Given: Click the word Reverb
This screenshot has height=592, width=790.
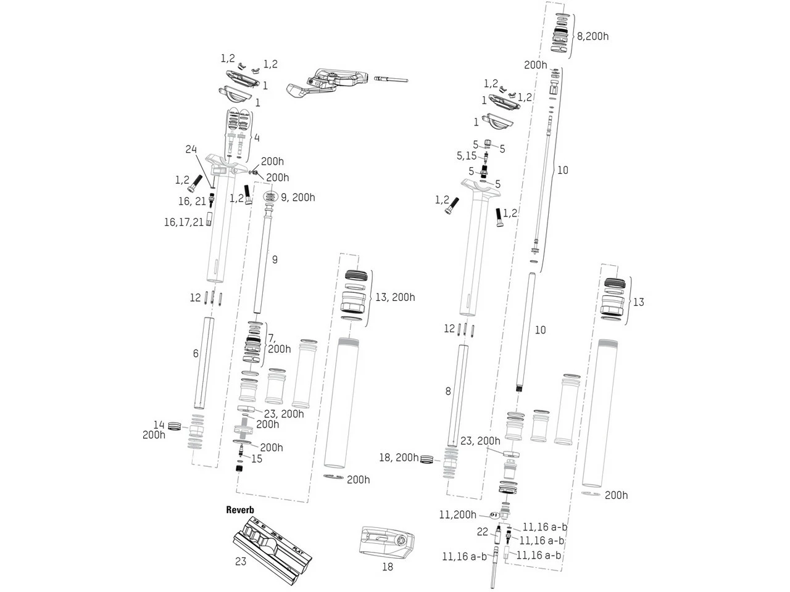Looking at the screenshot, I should pyautogui.click(x=240, y=510).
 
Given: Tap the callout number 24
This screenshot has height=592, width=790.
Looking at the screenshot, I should pyautogui.click(x=192, y=149).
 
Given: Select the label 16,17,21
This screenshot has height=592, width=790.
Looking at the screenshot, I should pyautogui.click(x=183, y=223).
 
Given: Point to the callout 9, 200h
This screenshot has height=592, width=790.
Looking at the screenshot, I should pyautogui.click(x=297, y=197).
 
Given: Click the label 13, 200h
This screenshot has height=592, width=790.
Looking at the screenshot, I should pyautogui.click(x=395, y=297).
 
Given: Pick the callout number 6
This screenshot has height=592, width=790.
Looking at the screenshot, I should pyautogui.click(x=196, y=353).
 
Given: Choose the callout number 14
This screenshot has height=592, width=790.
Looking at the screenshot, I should pyautogui.click(x=159, y=424).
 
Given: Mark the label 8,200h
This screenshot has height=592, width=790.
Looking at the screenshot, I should pyautogui.click(x=592, y=36).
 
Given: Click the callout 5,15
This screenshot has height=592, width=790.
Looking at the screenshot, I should pyautogui.click(x=467, y=156).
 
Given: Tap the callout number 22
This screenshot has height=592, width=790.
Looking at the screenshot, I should pyautogui.click(x=482, y=532).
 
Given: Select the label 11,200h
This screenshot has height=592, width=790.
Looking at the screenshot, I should pyautogui.click(x=457, y=514).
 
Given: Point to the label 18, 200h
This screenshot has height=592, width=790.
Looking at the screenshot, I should pyautogui.click(x=398, y=458).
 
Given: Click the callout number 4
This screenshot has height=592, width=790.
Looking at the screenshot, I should pyautogui.click(x=257, y=137).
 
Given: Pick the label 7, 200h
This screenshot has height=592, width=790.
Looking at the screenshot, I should pyautogui.click(x=279, y=343).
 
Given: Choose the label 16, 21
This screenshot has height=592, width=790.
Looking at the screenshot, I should pyautogui.click(x=192, y=201).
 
